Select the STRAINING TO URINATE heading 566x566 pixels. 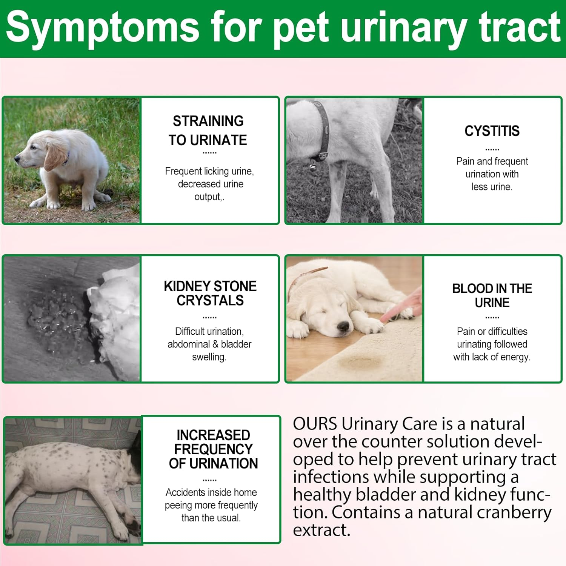point(208,131)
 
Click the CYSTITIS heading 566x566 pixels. point(492,131)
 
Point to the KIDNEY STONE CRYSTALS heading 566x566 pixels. point(210,293)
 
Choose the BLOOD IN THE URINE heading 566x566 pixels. point(492,295)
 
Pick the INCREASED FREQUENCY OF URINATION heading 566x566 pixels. point(213,449)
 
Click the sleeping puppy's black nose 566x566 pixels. point(343,326)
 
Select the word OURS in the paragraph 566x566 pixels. point(315,424)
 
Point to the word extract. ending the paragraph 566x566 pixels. point(321,530)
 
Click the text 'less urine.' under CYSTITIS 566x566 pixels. point(492,187)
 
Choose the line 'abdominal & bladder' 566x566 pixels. point(209,344)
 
